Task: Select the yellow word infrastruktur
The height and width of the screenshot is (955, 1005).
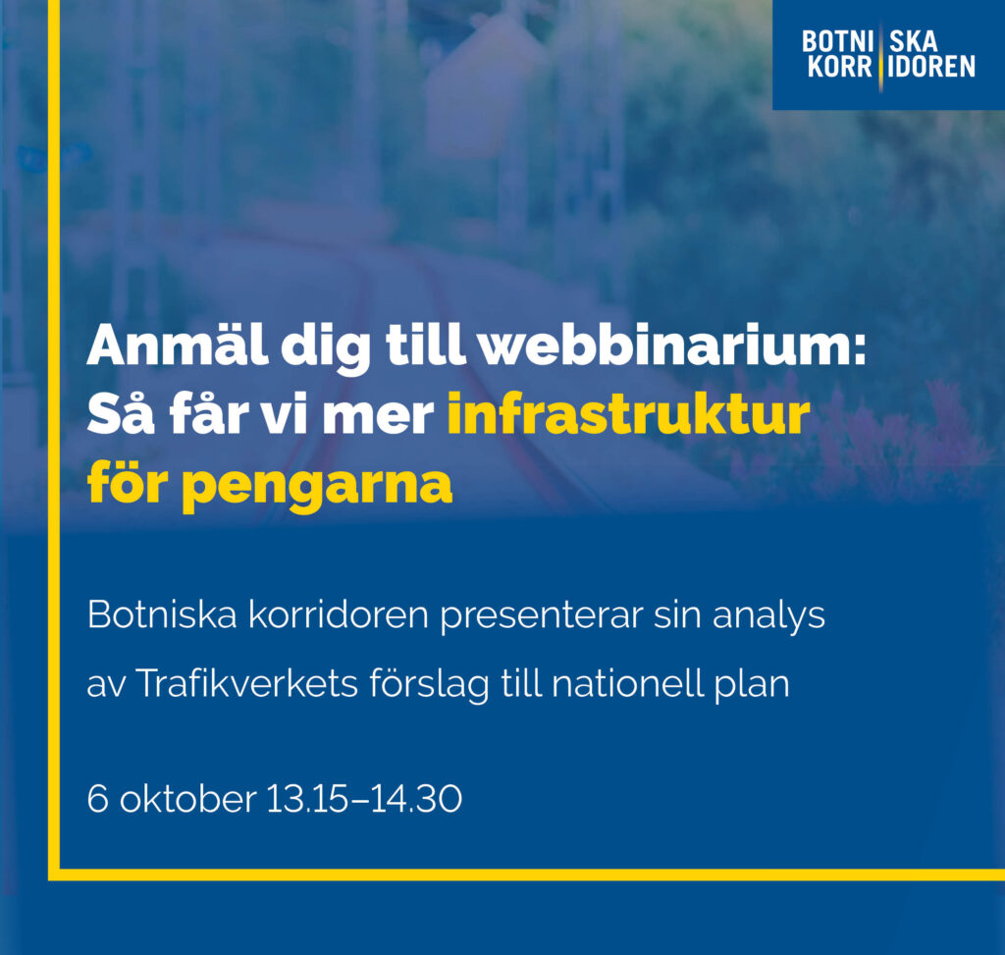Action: click(629, 416)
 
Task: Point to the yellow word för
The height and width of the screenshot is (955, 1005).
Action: click(124, 483)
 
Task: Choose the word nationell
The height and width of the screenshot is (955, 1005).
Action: click(628, 683)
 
